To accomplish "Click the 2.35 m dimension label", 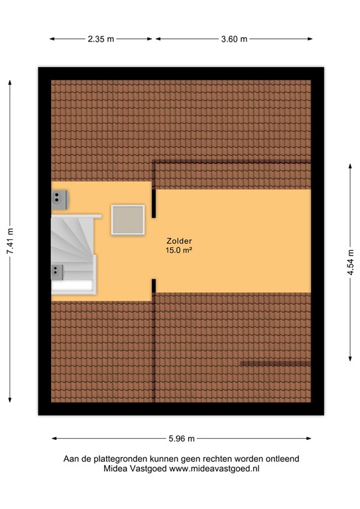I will [x=101, y=39].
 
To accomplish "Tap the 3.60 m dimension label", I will [x=234, y=39].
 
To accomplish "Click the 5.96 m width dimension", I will [x=182, y=438].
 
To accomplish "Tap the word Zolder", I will [x=180, y=241].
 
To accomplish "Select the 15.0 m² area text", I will [x=180, y=251].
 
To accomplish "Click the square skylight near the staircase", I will [x=128, y=219].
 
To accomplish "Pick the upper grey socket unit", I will [x=60, y=196].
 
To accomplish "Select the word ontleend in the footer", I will [x=281, y=458].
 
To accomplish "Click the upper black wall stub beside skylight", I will [x=154, y=203].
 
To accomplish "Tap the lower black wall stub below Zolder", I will [x=154, y=286].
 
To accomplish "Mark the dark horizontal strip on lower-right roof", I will [x=275, y=363].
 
